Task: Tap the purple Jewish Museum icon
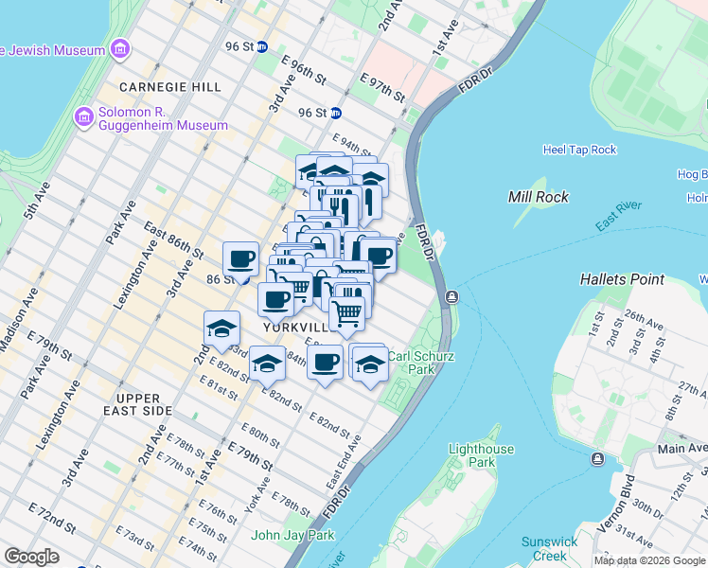119,48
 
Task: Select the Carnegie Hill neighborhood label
170,87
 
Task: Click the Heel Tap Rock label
579,150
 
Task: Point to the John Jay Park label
292,535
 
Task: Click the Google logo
32,557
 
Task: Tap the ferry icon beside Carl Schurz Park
451,297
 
